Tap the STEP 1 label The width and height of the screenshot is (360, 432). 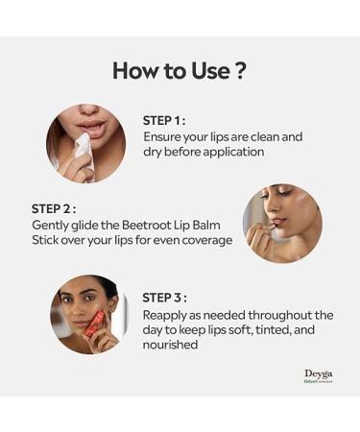click(x=164, y=120)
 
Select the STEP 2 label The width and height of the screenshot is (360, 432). click(x=53, y=208)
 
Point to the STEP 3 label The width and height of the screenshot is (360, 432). click(x=164, y=298)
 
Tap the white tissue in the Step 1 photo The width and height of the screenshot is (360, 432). click(x=82, y=153)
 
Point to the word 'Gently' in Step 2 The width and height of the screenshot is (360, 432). click(x=51, y=225)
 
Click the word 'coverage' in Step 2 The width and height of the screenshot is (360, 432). click(x=206, y=240)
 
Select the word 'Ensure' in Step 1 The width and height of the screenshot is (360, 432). click(x=163, y=136)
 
